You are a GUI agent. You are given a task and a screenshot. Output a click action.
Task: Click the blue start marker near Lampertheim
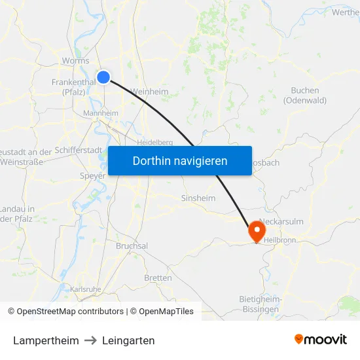point(103,77)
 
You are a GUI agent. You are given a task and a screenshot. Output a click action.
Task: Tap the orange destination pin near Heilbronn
point(255,230)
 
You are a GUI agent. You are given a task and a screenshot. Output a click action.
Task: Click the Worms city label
point(75,61)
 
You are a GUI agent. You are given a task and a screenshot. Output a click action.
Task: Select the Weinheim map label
point(150,92)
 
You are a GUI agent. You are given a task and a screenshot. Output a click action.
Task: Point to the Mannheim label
point(101,113)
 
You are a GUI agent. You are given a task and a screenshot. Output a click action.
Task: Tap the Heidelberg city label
point(155,142)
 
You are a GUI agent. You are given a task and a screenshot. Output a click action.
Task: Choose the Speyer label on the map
point(92,175)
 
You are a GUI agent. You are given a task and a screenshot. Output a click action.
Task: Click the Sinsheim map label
point(198,198)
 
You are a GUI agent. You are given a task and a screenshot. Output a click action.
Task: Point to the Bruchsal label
point(132,245)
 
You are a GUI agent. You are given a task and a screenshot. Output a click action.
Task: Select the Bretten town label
point(158,278)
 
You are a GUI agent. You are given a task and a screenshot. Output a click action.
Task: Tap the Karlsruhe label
point(85,289)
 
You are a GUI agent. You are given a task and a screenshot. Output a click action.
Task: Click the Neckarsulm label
point(281,221)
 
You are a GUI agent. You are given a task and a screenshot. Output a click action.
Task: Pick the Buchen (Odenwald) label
point(305,96)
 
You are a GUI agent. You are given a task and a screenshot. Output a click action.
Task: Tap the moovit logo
point(321,340)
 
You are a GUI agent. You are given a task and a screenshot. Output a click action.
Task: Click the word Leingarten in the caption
point(128,340)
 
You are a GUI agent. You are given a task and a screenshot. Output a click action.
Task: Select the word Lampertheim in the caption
point(46,340)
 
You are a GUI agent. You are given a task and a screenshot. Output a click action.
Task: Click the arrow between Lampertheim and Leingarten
point(90,340)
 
